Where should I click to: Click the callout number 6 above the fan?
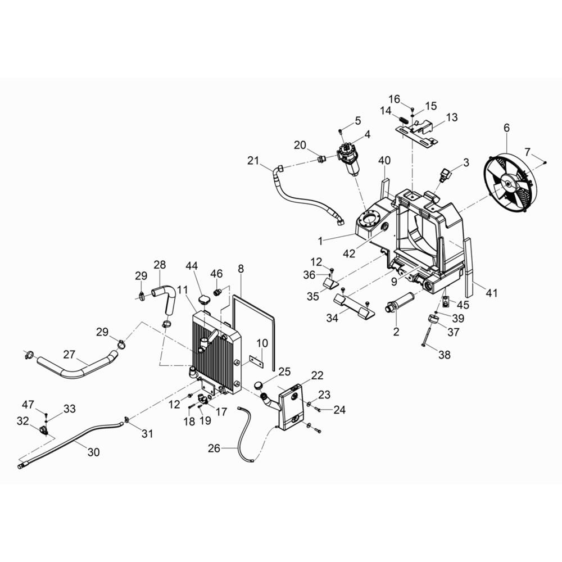[506, 128]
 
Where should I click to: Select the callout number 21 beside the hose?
[253, 161]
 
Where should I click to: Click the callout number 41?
[491, 293]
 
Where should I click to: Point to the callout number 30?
[93, 452]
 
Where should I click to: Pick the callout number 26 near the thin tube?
[214, 448]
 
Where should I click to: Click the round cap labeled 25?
[259, 386]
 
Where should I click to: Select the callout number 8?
[241, 269]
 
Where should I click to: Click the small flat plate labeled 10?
[256, 361]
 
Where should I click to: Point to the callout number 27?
[69, 355]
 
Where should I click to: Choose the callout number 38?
[445, 355]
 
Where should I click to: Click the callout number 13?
[452, 117]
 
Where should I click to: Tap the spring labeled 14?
[403, 119]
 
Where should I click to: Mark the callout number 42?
[349, 253]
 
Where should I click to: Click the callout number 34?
[332, 318]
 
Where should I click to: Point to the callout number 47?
[28, 405]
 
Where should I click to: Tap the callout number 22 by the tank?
[317, 375]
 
